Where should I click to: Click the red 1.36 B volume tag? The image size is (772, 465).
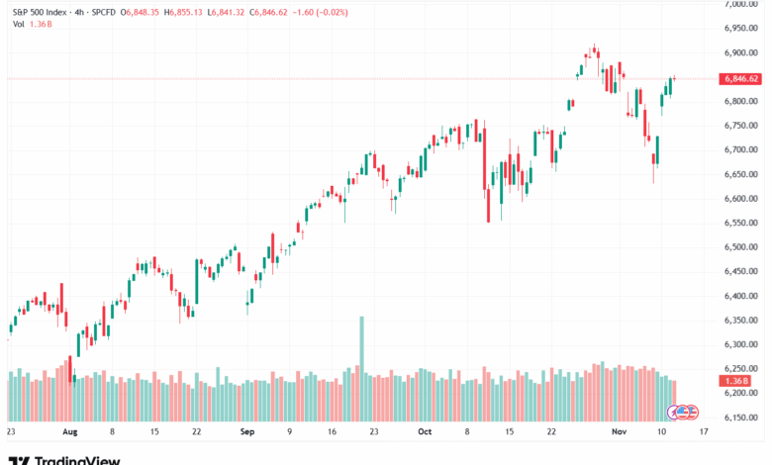737,381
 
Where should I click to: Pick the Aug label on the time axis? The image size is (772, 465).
69,432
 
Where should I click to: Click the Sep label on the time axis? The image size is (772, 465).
246,432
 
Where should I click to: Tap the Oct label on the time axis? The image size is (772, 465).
425,432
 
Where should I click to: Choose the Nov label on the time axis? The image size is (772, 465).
619,432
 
